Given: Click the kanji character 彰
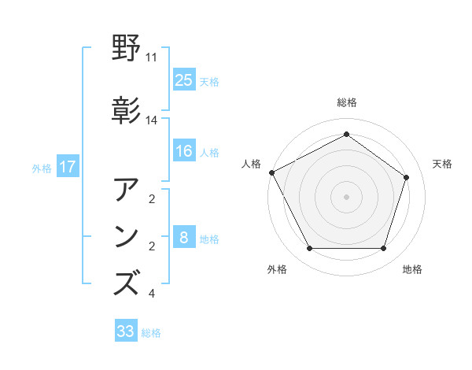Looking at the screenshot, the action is [x=127, y=111].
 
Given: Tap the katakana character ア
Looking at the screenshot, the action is [x=127, y=191].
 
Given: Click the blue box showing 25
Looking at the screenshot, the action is [x=183, y=80].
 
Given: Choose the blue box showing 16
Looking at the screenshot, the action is [x=183, y=151].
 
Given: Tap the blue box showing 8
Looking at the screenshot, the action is [x=183, y=238].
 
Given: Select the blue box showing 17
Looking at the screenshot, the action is [x=68, y=167].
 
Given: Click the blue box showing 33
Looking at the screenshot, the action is [x=126, y=331].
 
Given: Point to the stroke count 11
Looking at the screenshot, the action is [x=152, y=58].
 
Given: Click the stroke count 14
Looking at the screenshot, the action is [x=152, y=120].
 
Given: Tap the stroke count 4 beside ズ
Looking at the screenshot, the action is [x=152, y=294].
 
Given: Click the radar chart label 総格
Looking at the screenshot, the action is [x=347, y=102].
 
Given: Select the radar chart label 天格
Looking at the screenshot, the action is [x=442, y=164].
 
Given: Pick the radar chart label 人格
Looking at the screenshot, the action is [x=252, y=164].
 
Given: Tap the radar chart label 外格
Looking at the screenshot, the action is [x=277, y=269].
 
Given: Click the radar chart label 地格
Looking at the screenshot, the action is [x=412, y=269].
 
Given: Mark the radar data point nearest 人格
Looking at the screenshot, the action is [x=271, y=172].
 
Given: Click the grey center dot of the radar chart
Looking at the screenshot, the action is [x=347, y=196].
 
